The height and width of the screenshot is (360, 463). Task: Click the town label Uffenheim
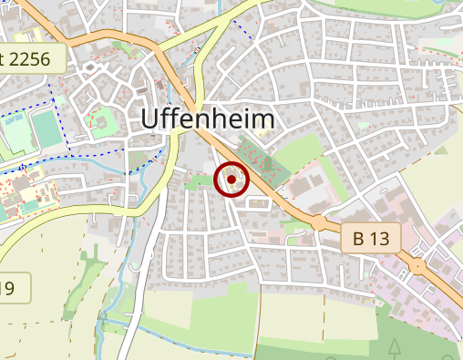point(209,119)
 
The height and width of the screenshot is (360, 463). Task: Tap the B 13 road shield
point(371,240)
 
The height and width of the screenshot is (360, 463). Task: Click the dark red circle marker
point(231,180)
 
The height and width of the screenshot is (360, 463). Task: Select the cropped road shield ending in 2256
point(33,59)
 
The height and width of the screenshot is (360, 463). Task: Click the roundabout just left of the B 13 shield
point(319,222)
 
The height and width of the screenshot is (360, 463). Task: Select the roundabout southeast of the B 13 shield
point(417,266)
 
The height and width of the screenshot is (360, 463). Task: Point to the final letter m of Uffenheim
point(263,119)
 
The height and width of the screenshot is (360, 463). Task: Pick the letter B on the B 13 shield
point(358,240)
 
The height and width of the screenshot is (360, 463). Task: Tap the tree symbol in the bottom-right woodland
point(394,347)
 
